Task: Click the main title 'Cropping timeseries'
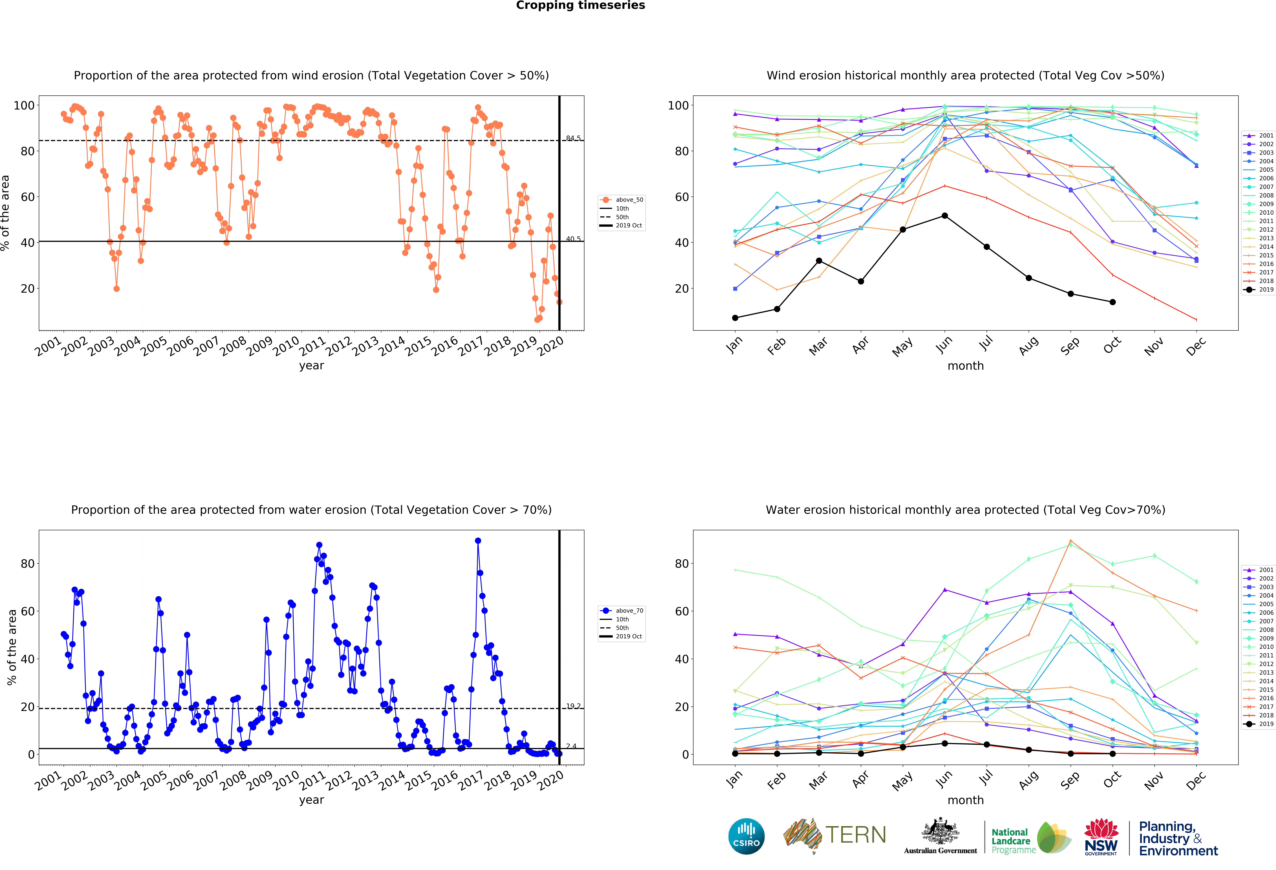click(x=580, y=5)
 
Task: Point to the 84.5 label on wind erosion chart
click(x=573, y=138)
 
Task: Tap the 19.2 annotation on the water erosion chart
click(x=573, y=706)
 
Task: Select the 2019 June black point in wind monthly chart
click(x=944, y=216)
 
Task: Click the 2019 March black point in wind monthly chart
click(x=819, y=261)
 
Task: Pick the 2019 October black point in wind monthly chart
click(x=1112, y=302)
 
